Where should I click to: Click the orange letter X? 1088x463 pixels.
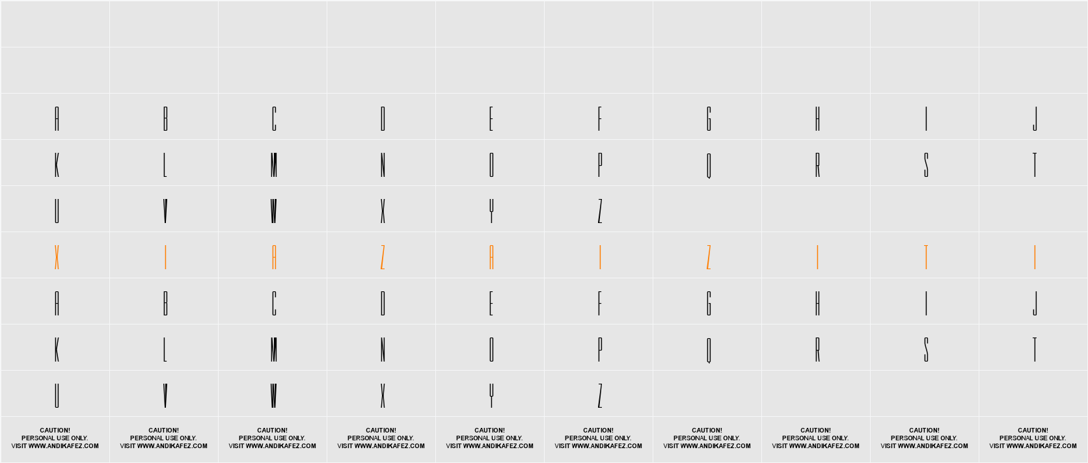pyautogui.click(x=57, y=258)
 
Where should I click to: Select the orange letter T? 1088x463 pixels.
pyautogui.click(x=926, y=258)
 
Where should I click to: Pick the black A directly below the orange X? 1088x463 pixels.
pyautogui.click(x=57, y=304)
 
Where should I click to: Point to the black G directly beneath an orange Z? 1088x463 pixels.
pyautogui.click(x=709, y=304)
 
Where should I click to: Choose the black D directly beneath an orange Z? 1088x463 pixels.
pyautogui.click(x=383, y=304)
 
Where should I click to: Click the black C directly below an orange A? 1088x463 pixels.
pyautogui.click(x=274, y=304)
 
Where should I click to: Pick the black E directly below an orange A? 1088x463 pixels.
pyautogui.click(x=491, y=304)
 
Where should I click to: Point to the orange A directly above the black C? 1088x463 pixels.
pyautogui.click(x=274, y=258)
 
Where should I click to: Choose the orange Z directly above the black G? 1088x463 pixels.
pyautogui.click(x=709, y=258)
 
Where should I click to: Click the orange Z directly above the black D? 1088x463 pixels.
pyautogui.click(x=383, y=258)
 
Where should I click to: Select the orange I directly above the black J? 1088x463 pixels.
pyautogui.click(x=1035, y=258)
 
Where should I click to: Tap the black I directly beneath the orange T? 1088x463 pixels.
pyautogui.click(x=926, y=304)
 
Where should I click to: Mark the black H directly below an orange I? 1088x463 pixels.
pyautogui.click(x=817, y=304)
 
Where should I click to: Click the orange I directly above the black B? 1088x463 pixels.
pyautogui.click(x=165, y=258)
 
